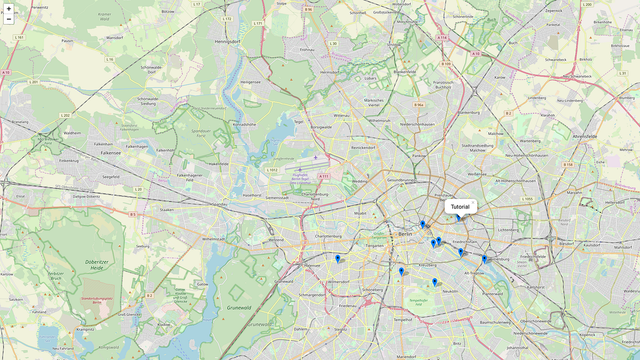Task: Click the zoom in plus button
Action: point(9,9)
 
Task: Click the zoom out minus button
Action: point(9,20)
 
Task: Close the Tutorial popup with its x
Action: point(473,203)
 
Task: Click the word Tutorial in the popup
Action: point(460,207)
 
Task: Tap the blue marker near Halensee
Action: point(338,259)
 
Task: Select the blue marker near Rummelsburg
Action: point(484,259)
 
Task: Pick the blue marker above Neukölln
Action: point(435,282)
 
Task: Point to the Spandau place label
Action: point(220,204)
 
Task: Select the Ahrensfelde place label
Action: point(585,137)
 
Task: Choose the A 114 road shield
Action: point(442,38)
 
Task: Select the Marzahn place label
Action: point(574,193)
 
